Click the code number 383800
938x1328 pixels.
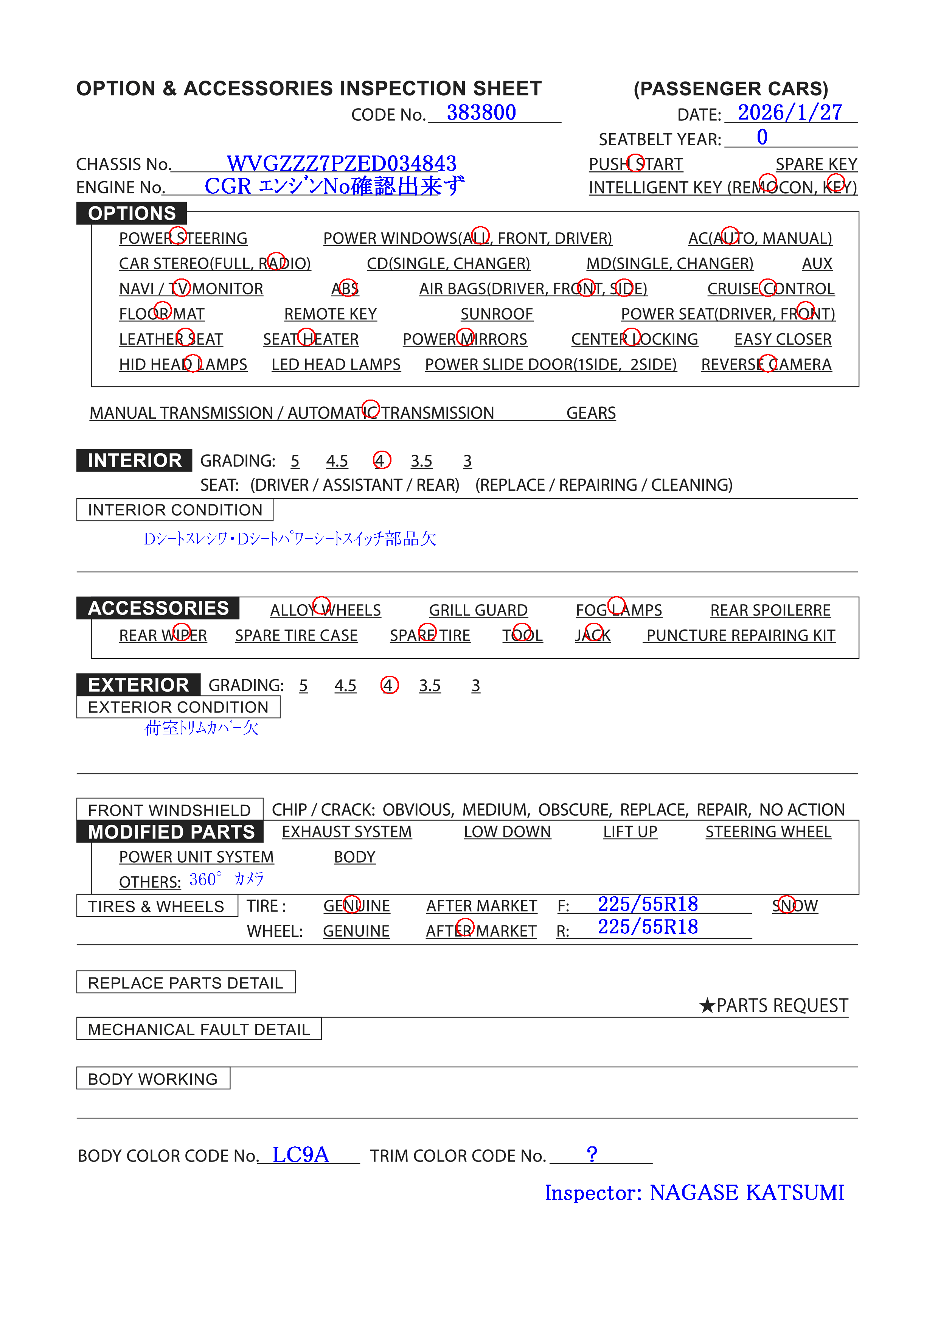click(x=481, y=113)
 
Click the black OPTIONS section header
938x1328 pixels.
click(x=132, y=213)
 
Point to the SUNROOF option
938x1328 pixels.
click(x=496, y=314)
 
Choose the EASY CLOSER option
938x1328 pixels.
click(x=783, y=339)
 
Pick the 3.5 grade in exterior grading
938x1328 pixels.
click(x=430, y=686)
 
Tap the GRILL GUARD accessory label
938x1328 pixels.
click(x=478, y=611)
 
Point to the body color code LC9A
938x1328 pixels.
click(x=301, y=1155)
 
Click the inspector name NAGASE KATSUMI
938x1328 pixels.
click(x=747, y=1193)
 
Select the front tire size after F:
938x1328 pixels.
click(x=648, y=904)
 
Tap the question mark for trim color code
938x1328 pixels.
click(x=592, y=1154)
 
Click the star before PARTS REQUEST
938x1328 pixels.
click(x=707, y=1006)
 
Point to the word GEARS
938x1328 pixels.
click(x=590, y=413)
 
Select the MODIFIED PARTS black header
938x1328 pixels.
click(x=171, y=832)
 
